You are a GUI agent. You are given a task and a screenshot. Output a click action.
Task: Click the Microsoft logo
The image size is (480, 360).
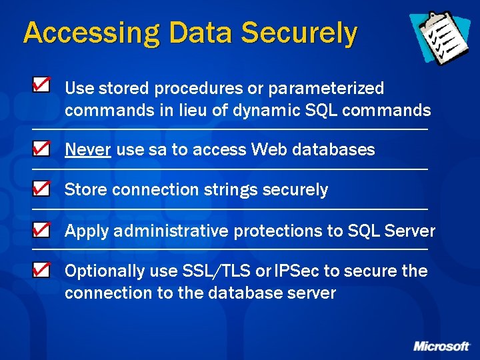[441, 346]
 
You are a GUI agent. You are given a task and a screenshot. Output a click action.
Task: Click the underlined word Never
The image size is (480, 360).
[87, 150]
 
